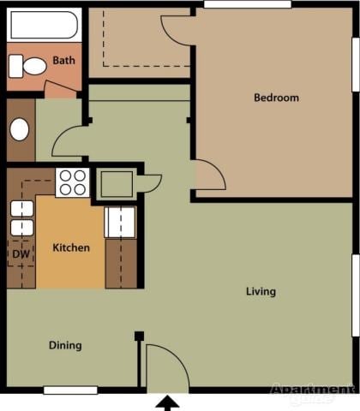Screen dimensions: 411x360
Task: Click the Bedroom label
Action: point(276,98)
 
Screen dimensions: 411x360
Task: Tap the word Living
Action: point(261,292)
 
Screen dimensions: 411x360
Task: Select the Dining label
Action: point(65,346)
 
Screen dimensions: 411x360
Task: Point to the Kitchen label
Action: point(71,248)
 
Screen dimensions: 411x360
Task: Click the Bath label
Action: point(63,61)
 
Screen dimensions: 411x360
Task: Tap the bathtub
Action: point(45,26)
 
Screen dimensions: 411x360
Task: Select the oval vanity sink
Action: point(19,129)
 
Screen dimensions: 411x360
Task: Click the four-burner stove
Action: point(72,182)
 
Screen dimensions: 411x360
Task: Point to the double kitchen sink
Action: point(21,218)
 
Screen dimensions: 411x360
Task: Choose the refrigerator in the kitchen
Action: point(119,222)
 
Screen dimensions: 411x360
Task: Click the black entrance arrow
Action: point(167,402)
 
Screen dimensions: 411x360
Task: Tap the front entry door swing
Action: point(165,366)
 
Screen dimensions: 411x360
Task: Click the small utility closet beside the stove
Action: point(116,182)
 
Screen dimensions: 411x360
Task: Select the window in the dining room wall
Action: point(70,390)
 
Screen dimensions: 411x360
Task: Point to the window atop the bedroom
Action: point(235,5)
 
